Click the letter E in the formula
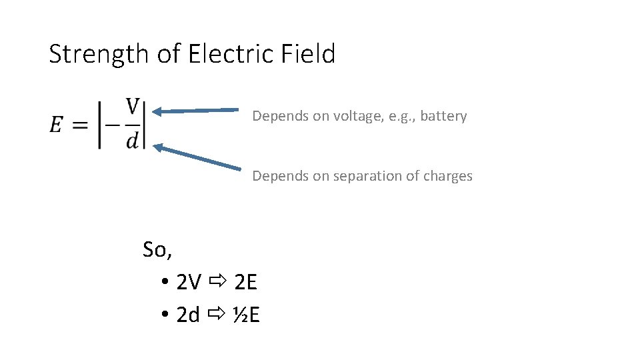(x=57, y=125)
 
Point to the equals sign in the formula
(x=80, y=125)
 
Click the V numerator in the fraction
(x=133, y=107)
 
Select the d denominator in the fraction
(x=133, y=140)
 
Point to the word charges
(x=450, y=176)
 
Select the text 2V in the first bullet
(x=189, y=283)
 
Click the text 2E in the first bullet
(x=246, y=283)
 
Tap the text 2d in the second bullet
(x=189, y=315)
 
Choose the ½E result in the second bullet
(x=246, y=315)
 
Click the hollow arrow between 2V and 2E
(x=217, y=283)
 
